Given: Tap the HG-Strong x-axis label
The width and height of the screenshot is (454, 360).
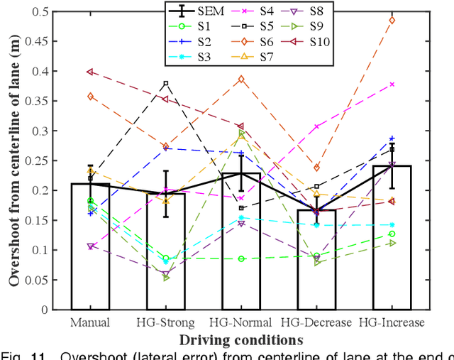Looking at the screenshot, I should click(165, 322).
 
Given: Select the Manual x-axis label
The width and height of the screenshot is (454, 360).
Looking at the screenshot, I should click(90, 322).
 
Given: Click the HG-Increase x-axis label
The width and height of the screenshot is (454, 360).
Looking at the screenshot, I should click(392, 322).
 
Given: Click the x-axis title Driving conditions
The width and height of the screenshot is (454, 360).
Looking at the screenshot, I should click(240, 339).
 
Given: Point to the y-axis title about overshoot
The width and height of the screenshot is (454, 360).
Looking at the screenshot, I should click(13, 160).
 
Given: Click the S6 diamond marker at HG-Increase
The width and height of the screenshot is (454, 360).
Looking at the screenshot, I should click(392, 20).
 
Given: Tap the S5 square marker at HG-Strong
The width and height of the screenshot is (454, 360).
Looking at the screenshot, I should click(165, 84).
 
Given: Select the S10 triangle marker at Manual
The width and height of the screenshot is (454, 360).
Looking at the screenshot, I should click(90, 72).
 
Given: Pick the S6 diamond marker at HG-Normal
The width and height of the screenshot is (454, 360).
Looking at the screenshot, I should click(240, 79).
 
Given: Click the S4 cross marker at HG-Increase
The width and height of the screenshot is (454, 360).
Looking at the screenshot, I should click(392, 84).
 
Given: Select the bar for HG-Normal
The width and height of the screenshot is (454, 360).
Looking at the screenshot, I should click(240, 241).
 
